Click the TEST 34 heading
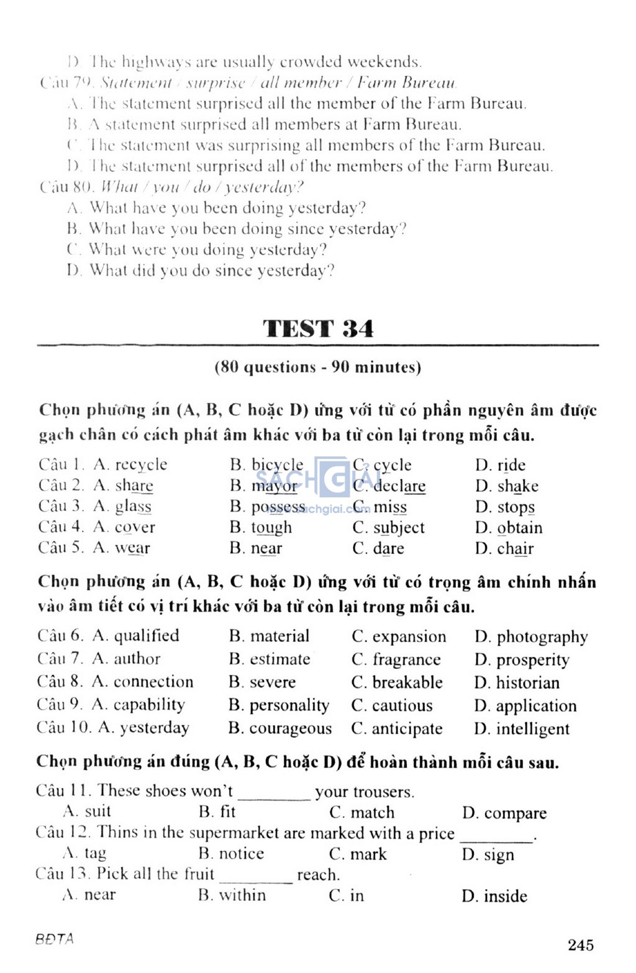click(x=318, y=328)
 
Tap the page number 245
click(x=580, y=944)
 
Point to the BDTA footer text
click(x=55, y=939)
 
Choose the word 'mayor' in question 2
click(x=275, y=486)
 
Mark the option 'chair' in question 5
click(x=515, y=549)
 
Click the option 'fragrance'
click(x=406, y=659)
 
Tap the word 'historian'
click(x=527, y=683)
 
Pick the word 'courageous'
click(x=290, y=728)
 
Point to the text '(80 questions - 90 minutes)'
click(x=318, y=367)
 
